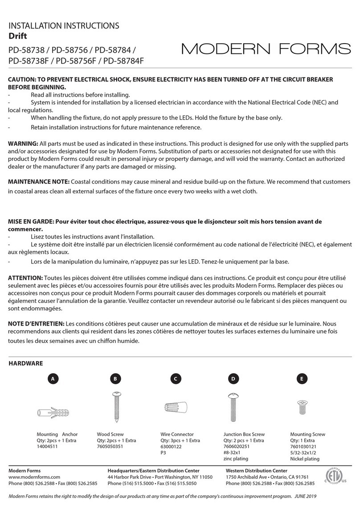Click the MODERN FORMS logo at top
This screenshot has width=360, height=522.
pos(266,49)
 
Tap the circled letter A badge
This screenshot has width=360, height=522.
pos(53,379)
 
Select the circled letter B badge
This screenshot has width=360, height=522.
pos(115,379)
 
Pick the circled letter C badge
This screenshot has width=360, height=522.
pos(176,379)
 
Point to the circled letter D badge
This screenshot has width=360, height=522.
pos(233,379)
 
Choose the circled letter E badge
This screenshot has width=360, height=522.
pos(302,379)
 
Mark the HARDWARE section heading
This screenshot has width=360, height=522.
pos(26,363)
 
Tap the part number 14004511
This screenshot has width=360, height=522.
pos(48,447)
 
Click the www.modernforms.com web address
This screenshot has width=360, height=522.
pos(34,477)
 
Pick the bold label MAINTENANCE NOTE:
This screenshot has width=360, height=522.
pos(39,182)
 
